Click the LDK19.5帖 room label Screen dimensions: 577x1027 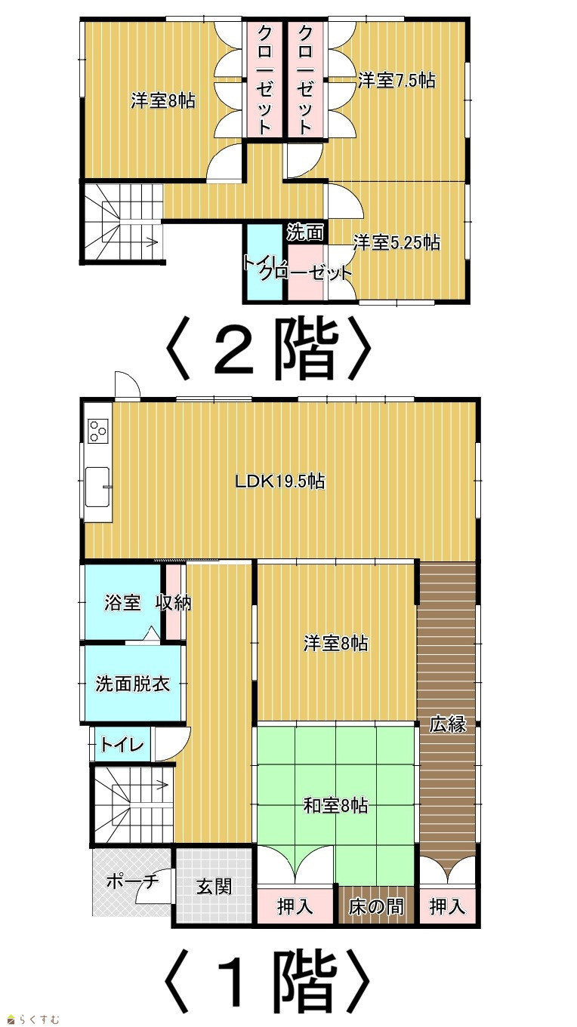(x=280, y=482)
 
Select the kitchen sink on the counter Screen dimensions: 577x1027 (x=97, y=487)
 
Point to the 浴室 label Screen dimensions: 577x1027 (x=122, y=602)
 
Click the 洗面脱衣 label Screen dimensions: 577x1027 (x=133, y=684)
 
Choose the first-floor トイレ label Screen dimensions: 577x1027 (x=122, y=745)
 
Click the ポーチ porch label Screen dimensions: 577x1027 (x=133, y=881)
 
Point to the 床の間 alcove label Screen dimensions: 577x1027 (x=376, y=906)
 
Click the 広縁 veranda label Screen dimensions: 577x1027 (x=448, y=724)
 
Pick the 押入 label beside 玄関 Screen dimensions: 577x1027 (x=295, y=906)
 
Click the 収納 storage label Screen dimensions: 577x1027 (x=173, y=602)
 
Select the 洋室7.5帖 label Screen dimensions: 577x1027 (x=396, y=80)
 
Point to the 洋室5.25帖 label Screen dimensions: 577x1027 (x=396, y=242)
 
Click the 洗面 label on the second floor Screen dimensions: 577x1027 (x=305, y=233)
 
